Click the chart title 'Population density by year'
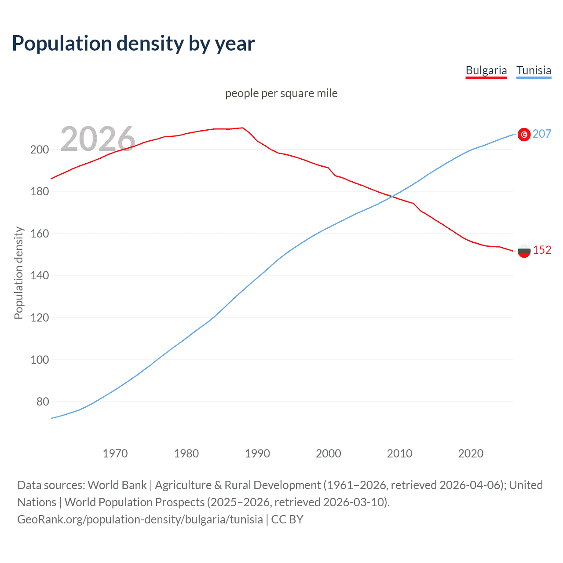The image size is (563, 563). click(x=133, y=44)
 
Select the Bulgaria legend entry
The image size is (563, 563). click(x=486, y=70)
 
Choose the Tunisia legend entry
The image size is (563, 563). click(x=534, y=70)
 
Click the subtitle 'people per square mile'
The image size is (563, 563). click(x=281, y=93)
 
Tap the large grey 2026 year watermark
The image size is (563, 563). click(x=98, y=139)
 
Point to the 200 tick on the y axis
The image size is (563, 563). click(x=39, y=150)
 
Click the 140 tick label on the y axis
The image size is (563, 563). click(x=39, y=276)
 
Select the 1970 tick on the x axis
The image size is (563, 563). click(x=115, y=453)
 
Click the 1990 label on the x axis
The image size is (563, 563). click(x=257, y=453)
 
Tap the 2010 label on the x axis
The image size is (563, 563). click(x=399, y=453)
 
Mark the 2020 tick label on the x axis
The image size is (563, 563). click(x=471, y=453)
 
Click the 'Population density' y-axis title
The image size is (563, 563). click(x=18, y=273)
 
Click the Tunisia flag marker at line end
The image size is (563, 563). click(x=524, y=135)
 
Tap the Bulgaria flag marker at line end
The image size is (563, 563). click(x=524, y=251)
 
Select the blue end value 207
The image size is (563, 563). click(x=542, y=134)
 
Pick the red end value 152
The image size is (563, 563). click(x=542, y=250)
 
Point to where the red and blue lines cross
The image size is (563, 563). click(x=391, y=197)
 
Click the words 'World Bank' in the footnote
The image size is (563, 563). click(x=117, y=485)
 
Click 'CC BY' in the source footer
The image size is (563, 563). click(x=287, y=519)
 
